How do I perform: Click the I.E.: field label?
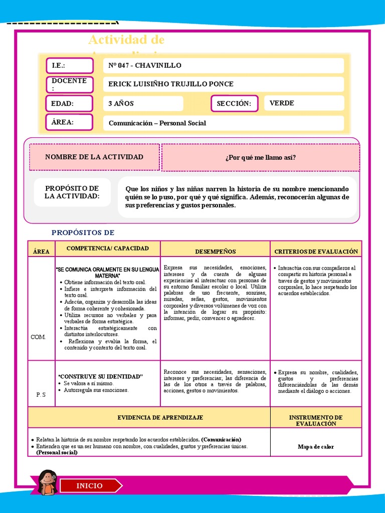coord(70,66)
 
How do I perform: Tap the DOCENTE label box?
coord(70,84)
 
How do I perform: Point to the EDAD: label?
coord(70,104)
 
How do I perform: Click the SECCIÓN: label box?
coord(234,104)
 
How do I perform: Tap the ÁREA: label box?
coord(70,122)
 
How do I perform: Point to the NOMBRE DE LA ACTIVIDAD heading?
coord(94,157)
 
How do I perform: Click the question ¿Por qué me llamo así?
coord(260,158)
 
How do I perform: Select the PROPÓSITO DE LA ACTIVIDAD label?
coord(72,192)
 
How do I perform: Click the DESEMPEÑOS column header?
coord(216,251)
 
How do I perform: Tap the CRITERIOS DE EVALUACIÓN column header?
coord(316,251)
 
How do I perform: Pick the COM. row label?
coord(38,337)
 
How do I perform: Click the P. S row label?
coord(41,395)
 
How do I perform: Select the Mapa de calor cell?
coord(316,447)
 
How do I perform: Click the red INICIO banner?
coord(90,486)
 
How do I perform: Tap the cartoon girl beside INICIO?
coord(48,483)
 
